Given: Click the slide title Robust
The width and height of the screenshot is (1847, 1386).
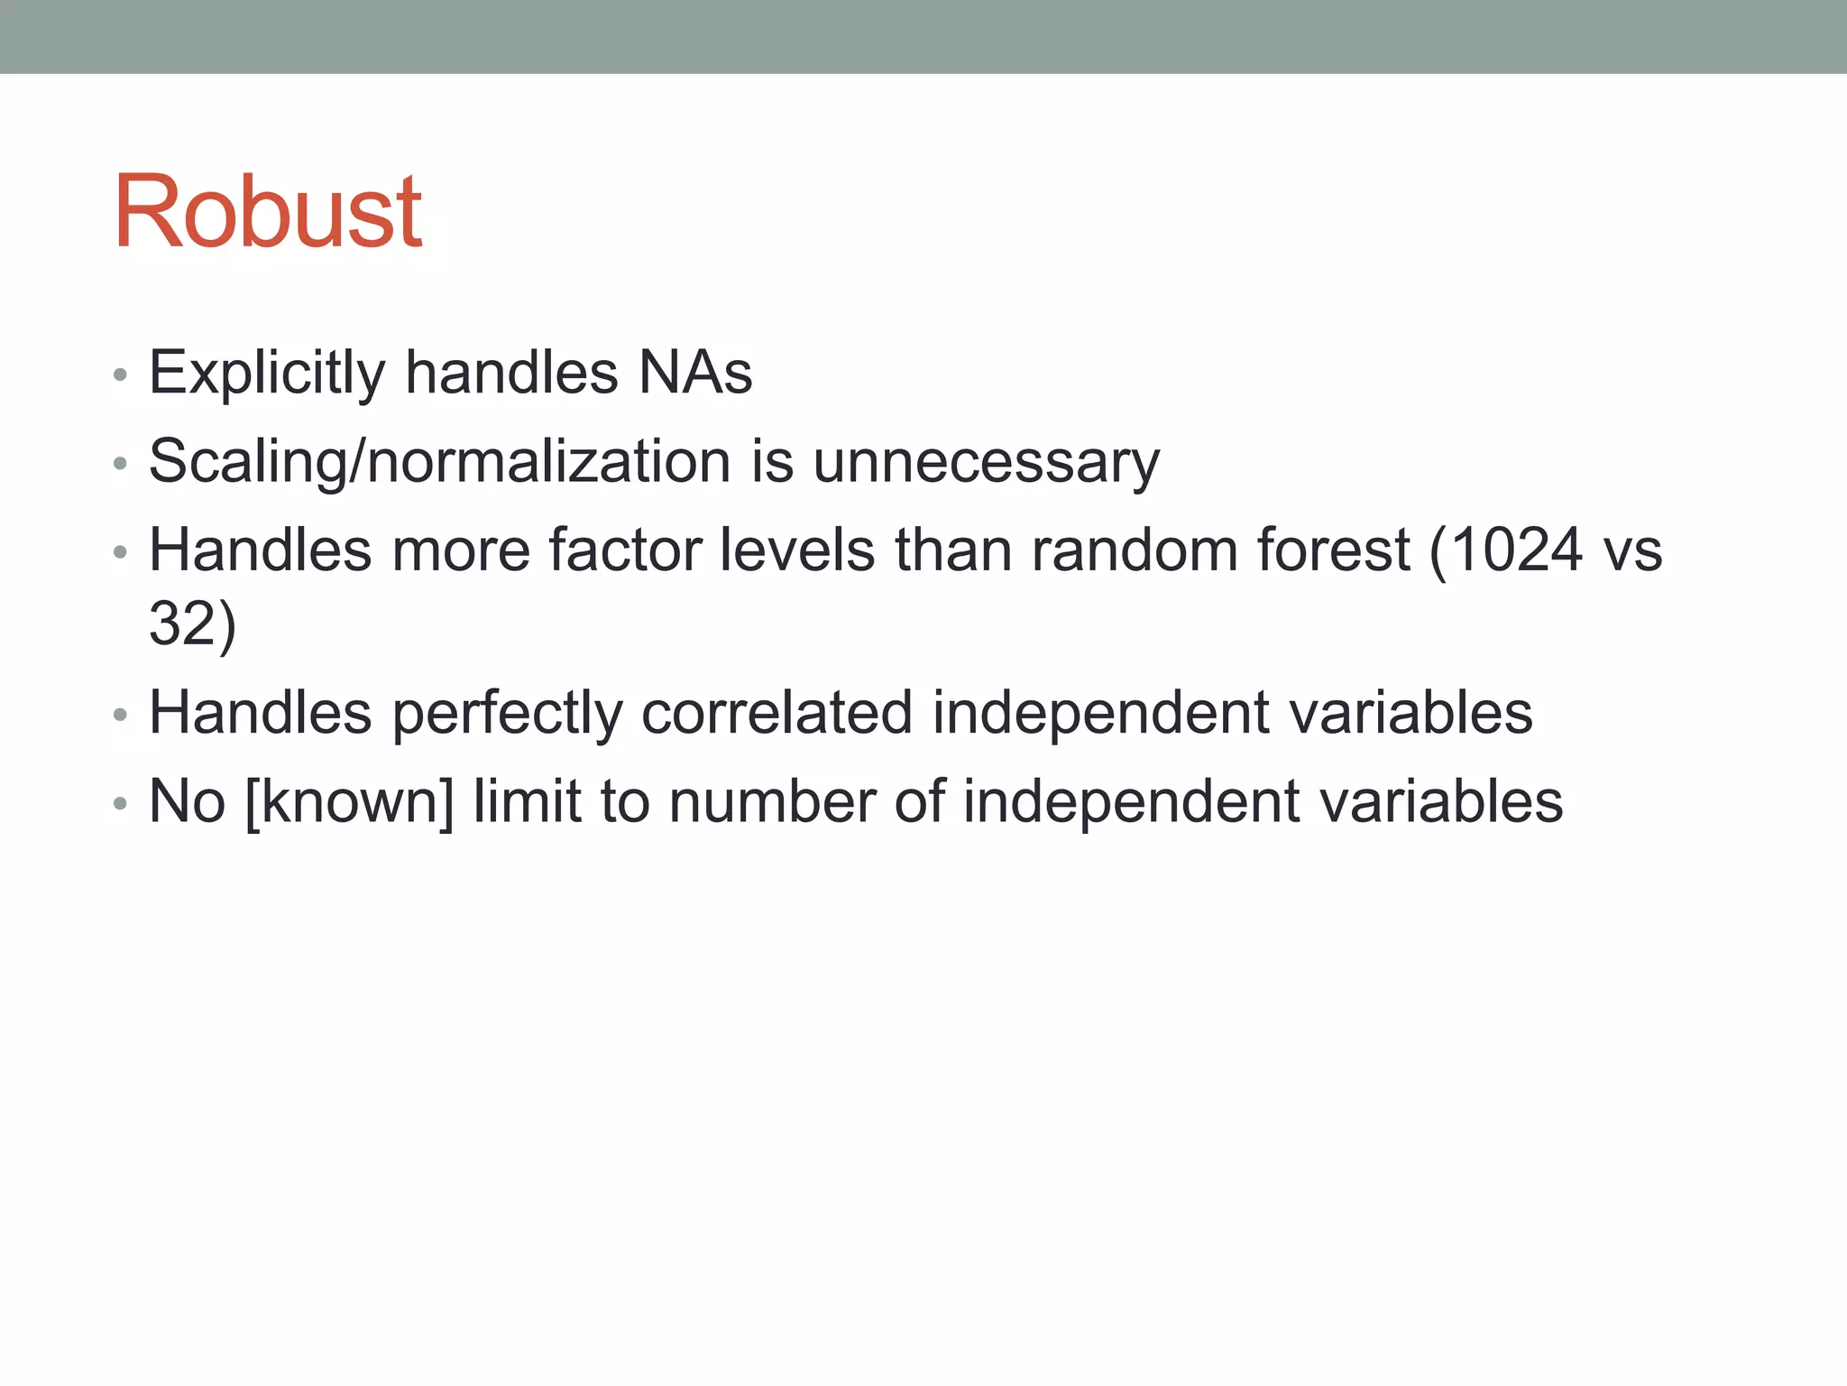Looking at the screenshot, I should pos(267,212).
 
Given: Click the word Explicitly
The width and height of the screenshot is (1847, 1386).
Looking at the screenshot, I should pos(267,373).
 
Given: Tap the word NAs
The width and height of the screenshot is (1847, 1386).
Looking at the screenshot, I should pos(694,373).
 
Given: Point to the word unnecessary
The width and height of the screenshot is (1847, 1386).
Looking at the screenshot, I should pos(986,462).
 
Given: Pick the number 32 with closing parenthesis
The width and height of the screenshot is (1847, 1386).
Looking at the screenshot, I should pos(192,624).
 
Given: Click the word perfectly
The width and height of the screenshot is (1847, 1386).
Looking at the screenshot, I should pos(507,713).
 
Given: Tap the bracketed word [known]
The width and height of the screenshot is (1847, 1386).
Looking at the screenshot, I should pos(349,801).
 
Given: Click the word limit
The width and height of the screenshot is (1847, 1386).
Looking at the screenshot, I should pos(527,801).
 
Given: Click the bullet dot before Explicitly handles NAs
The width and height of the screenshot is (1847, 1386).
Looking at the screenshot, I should pos(120,375).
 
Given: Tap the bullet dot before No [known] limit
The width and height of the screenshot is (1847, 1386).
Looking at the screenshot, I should pos(120,804).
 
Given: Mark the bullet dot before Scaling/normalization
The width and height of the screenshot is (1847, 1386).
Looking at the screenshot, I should pos(120,465).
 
